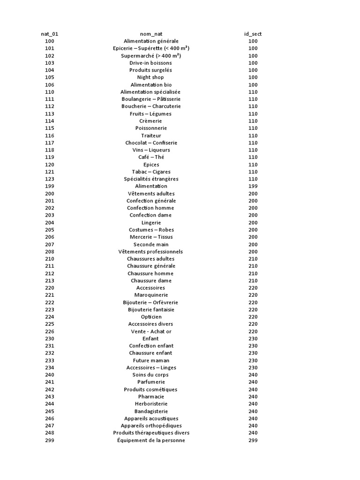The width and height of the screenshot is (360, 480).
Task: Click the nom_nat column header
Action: (151, 34)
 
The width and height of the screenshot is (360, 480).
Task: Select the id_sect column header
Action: (253, 34)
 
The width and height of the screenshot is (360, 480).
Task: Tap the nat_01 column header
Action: (50, 34)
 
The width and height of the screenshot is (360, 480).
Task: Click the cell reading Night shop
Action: (151, 77)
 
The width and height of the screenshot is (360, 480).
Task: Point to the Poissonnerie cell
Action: (151, 128)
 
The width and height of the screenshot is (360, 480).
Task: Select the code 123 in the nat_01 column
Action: (50, 179)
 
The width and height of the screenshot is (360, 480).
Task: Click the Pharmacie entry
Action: (151, 397)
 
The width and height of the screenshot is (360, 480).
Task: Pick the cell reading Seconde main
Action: (151, 244)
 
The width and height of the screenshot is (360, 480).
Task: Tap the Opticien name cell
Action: (151, 317)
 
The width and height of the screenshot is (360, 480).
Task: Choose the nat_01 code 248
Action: (50, 433)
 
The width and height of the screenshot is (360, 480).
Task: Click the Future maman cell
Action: (151, 360)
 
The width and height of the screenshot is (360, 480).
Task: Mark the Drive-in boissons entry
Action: (151, 63)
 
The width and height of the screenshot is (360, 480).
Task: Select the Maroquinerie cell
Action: (151, 295)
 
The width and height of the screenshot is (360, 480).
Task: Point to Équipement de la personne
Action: (151, 440)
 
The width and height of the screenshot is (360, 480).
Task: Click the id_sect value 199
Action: (253, 186)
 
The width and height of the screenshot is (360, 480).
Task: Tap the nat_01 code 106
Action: (50, 85)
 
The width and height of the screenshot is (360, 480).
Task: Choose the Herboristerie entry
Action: (151, 404)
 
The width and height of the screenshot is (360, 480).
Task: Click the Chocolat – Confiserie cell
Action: (151, 142)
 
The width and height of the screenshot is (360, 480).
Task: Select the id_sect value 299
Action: (253, 440)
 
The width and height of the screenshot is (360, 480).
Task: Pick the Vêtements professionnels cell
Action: (151, 252)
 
